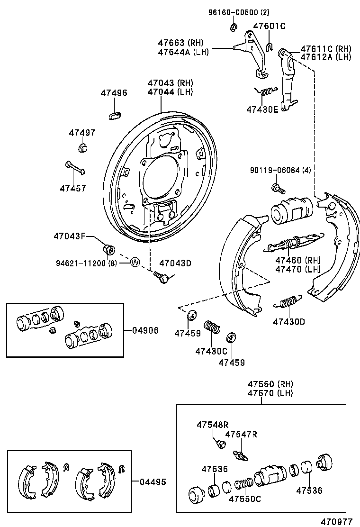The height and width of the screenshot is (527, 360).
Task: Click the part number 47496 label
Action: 114,93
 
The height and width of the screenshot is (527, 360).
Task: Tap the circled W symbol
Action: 135,262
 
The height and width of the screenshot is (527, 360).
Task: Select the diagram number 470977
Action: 336,521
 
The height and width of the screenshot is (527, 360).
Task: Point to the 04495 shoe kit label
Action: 153,482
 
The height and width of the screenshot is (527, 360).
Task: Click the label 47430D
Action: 289,322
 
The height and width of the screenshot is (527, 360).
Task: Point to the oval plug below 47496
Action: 115,114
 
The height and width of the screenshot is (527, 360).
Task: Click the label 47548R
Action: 213,425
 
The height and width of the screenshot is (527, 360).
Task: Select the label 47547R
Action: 241,434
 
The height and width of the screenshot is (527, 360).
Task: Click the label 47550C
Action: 245,498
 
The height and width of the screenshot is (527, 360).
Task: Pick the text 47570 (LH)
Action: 270,393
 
